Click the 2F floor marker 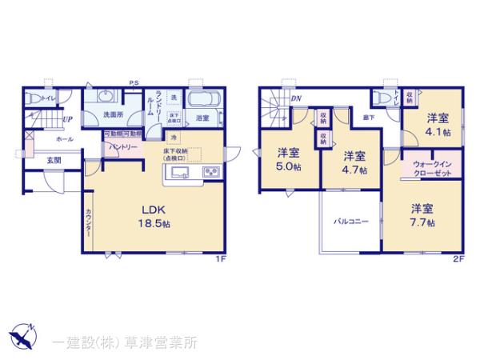[x=458, y=259]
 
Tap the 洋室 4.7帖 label [x=354, y=162]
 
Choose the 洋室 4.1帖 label [x=438, y=123]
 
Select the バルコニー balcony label [x=350, y=221]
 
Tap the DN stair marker [x=297, y=98]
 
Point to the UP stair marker [x=70, y=121]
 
